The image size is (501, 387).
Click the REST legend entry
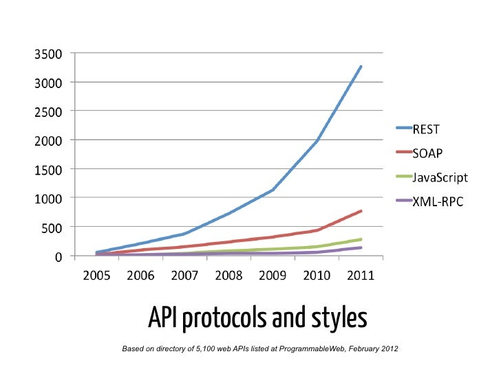point(426,128)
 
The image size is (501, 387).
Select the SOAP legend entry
point(427,153)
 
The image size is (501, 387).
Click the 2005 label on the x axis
point(97,276)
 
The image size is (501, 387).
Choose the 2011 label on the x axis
point(361,276)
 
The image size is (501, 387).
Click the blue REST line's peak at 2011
point(361,67)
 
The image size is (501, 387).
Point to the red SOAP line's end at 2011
point(361,211)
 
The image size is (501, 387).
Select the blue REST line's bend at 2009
point(273,190)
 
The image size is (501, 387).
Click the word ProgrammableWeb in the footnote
point(312,350)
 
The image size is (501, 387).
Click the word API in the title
point(164,319)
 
